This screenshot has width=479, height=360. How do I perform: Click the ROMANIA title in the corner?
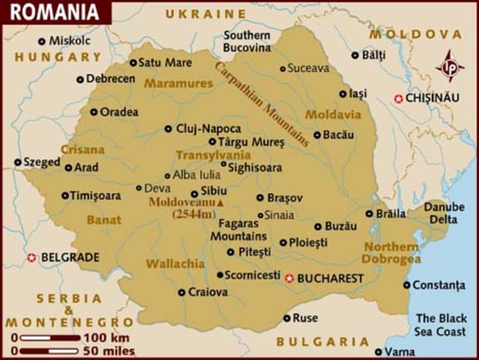(x=54, y=12)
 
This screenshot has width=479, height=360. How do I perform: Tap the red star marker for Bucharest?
(x=290, y=278)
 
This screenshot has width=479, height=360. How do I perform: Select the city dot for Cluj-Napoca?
(x=168, y=128)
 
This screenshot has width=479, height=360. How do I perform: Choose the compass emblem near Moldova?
(x=450, y=66)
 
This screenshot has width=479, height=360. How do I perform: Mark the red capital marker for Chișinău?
(x=399, y=98)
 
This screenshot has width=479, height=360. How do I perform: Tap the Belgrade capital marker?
(x=31, y=257)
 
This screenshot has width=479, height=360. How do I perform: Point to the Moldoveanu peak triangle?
(x=220, y=202)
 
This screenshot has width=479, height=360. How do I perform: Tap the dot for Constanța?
(x=406, y=285)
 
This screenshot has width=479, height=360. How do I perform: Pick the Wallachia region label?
(x=175, y=264)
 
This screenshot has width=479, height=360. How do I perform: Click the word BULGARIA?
(x=322, y=342)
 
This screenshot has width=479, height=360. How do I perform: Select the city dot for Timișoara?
(x=65, y=196)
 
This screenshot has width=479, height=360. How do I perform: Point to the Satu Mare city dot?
(x=133, y=63)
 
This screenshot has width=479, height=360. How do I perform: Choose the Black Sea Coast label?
(x=441, y=325)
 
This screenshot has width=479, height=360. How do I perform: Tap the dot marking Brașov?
(x=260, y=198)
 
